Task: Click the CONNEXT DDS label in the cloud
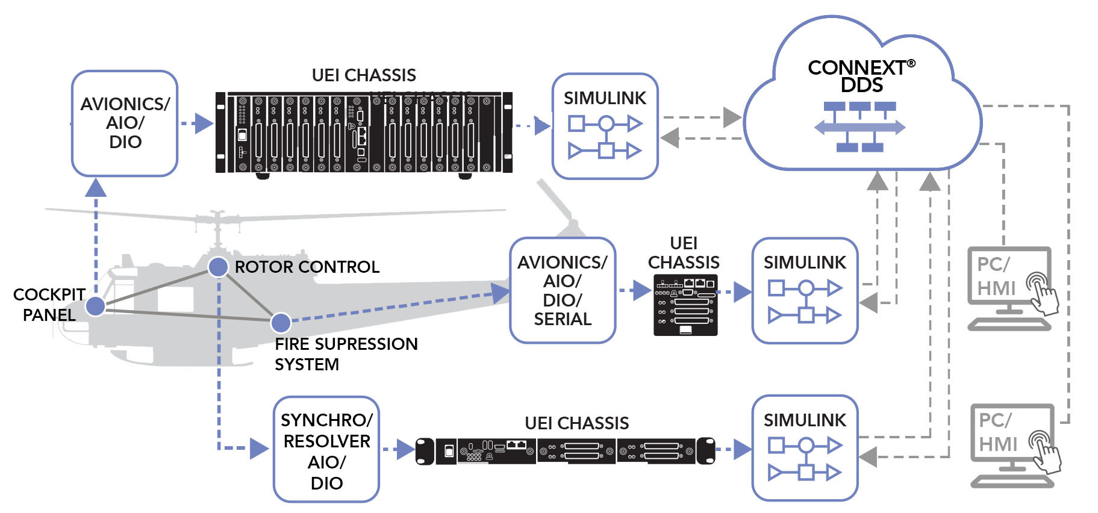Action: tap(861, 76)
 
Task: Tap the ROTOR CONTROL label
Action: tap(307, 267)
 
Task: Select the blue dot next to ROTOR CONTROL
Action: tap(218, 267)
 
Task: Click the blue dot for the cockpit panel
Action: tap(95, 306)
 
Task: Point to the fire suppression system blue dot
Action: tap(281, 323)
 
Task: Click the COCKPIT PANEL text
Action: tap(49, 305)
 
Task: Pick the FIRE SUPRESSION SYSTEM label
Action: tap(346, 354)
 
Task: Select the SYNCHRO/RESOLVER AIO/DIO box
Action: tap(326, 449)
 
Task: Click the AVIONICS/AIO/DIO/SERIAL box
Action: tap(562, 290)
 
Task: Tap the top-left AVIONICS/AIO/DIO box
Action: tap(125, 123)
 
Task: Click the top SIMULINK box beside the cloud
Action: tap(605, 126)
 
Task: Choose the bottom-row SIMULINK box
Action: tap(805, 448)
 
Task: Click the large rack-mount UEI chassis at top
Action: tap(364, 133)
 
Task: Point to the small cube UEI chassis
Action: tap(685, 305)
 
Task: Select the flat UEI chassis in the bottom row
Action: tap(565, 451)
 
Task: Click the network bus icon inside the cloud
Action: tap(859, 126)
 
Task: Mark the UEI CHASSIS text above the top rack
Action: tap(364, 75)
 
